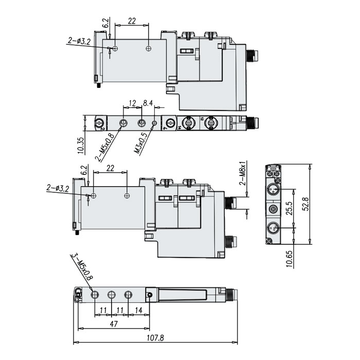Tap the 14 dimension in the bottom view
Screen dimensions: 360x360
pos(138,310)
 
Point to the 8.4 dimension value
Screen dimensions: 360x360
pos(148,104)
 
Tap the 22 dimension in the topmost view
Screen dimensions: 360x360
pos(132,21)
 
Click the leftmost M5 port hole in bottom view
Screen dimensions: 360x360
pos(95,295)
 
